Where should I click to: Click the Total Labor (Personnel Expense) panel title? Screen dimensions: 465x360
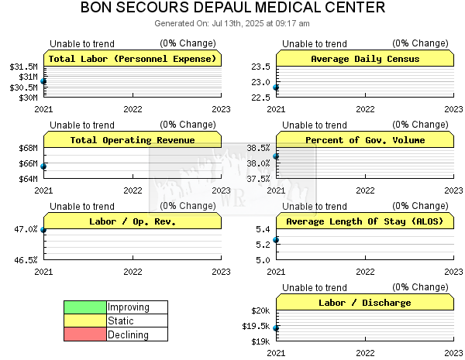point(133,59)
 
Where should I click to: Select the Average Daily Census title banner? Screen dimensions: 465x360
point(365,59)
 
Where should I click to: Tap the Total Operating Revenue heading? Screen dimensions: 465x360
point(133,140)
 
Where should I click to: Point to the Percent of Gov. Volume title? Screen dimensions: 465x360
point(365,140)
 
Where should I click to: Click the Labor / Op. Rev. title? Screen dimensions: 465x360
point(133,221)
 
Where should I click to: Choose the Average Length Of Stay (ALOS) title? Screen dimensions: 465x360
point(365,221)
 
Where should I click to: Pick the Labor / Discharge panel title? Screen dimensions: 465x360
point(365,303)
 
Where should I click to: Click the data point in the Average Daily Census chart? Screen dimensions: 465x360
point(276,87)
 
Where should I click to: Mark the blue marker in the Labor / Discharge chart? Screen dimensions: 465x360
point(276,328)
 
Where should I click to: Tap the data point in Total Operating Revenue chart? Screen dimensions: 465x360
point(43,166)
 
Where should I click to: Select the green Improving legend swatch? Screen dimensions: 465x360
point(85,307)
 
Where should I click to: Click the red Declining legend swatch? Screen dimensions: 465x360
point(85,334)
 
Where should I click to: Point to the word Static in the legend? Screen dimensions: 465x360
point(121,321)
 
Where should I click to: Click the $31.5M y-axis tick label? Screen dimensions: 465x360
point(23,67)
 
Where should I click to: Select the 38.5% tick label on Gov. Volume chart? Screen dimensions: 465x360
point(258,148)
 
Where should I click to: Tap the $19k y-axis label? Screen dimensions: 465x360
point(260,341)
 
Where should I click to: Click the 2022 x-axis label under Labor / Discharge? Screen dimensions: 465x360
point(365,353)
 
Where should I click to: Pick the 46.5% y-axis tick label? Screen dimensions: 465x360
point(26,260)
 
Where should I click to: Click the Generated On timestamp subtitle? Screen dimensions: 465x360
point(232,23)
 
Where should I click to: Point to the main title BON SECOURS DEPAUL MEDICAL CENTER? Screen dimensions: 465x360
point(232,7)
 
